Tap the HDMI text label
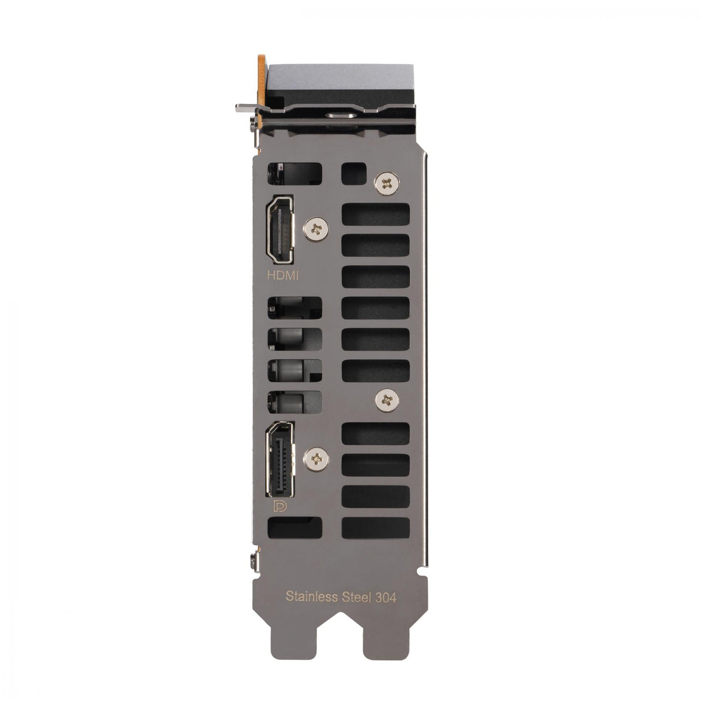(284, 276)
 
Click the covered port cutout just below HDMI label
(294, 307)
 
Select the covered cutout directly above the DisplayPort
(294, 402)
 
